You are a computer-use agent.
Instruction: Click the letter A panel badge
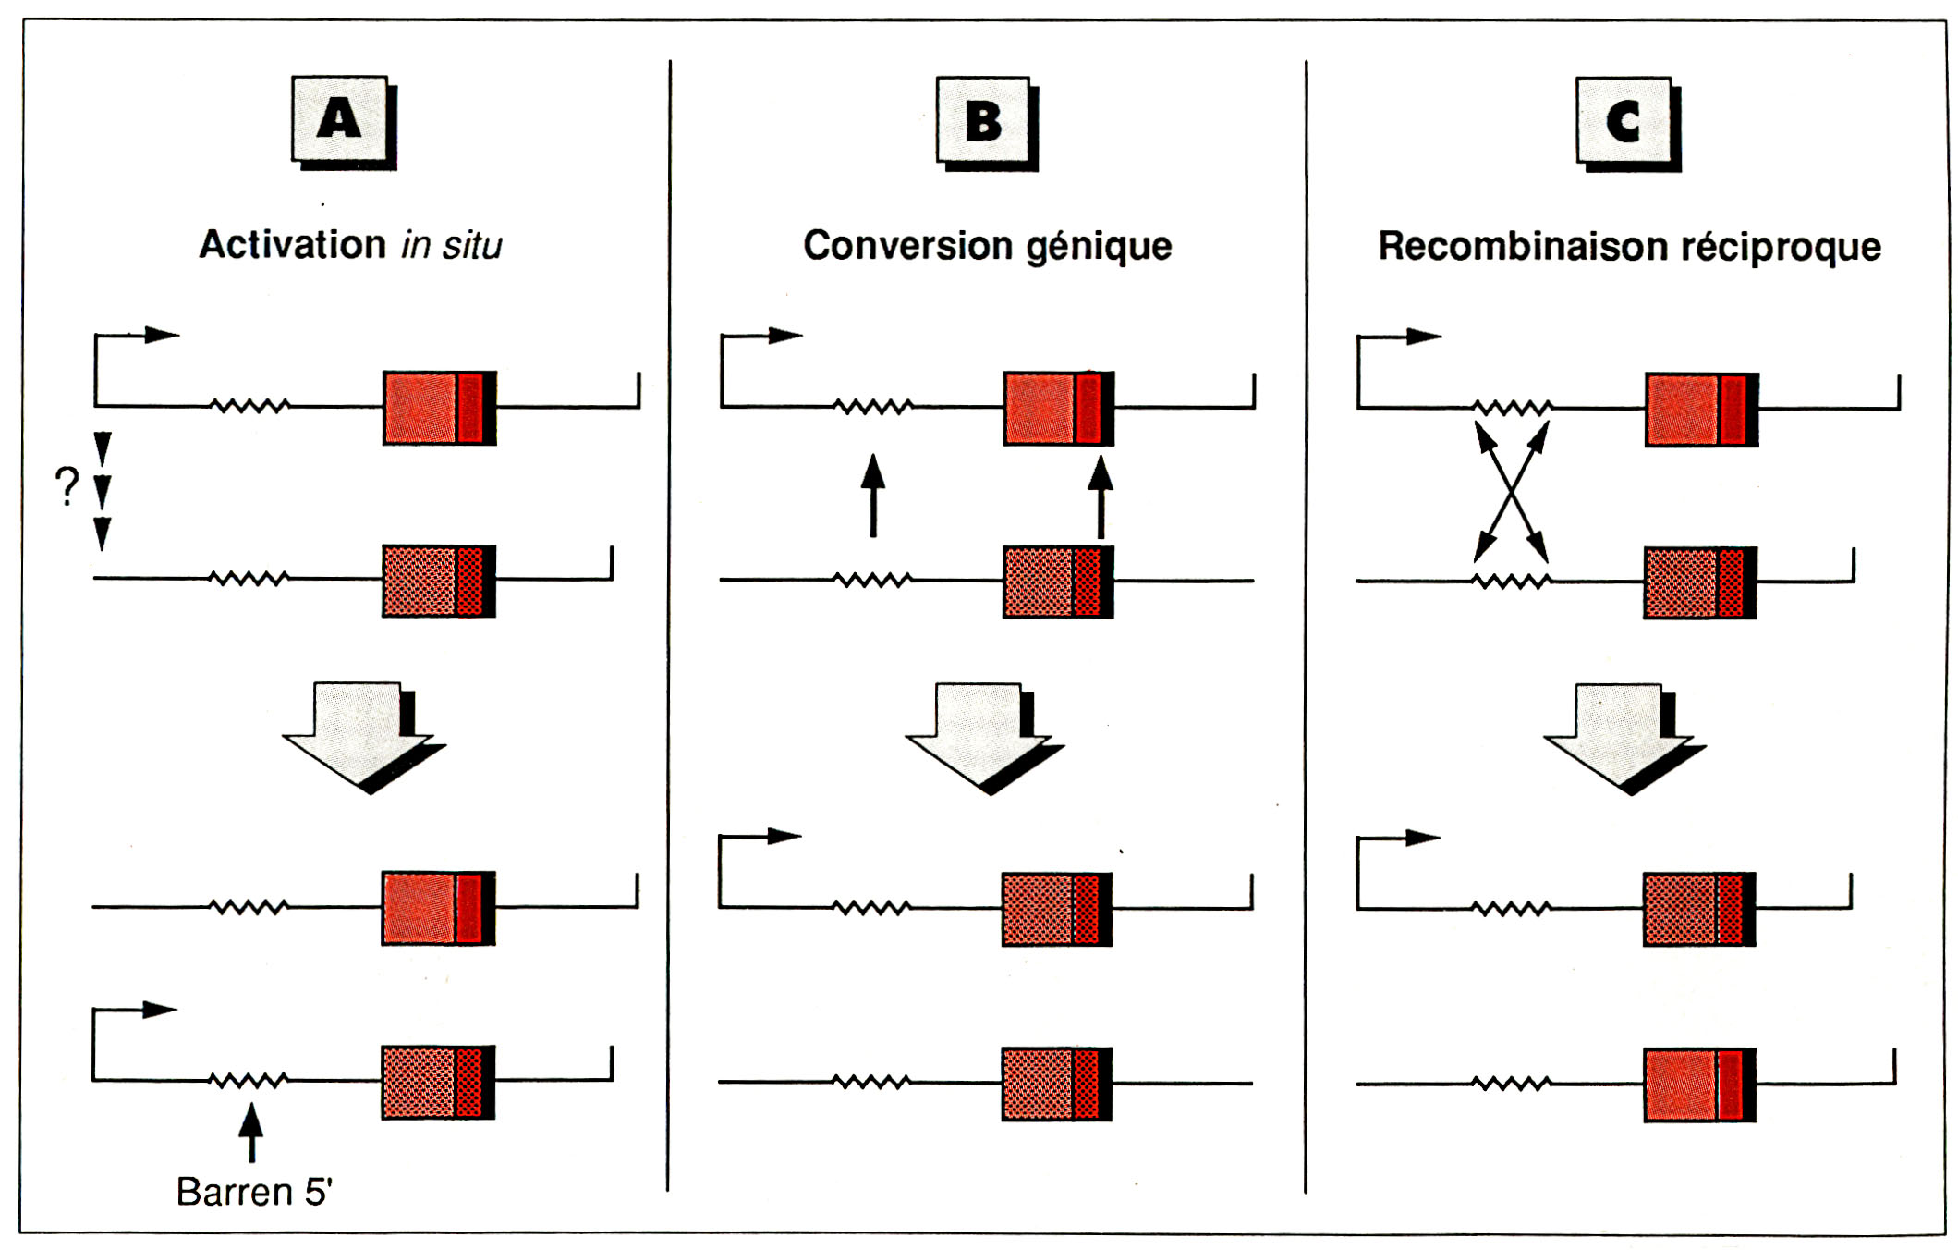coord(341,120)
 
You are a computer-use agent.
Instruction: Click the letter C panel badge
coord(1625,122)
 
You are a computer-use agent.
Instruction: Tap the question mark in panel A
coord(67,486)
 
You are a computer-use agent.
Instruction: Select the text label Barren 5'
coord(254,1192)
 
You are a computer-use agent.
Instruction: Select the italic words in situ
coord(452,246)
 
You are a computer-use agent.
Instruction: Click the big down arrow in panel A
coord(361,735)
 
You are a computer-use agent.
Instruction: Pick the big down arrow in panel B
coord(982,736)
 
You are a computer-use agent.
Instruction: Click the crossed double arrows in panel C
coord(1511,492)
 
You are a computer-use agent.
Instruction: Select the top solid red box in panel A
coord(439,408)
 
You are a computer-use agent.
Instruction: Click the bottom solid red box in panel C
coord(1699,1085)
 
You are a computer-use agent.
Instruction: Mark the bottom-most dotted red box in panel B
coord(1056,1084)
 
